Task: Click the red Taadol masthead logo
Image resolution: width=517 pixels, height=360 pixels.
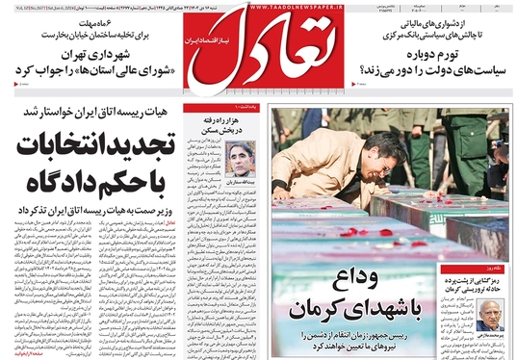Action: tap(257, 49)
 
